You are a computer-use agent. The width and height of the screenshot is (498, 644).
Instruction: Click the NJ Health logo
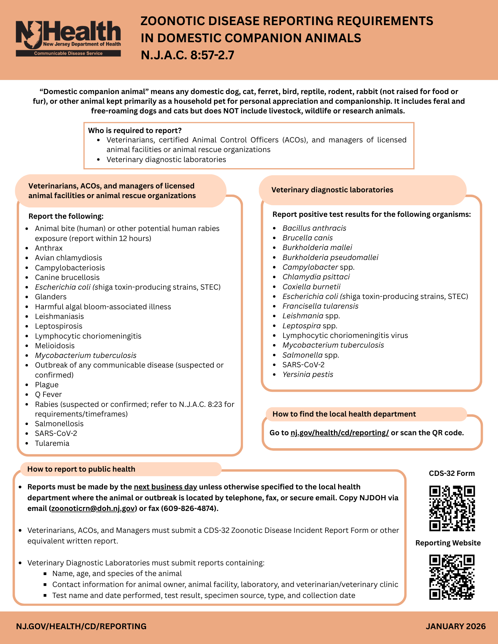coord(68,39)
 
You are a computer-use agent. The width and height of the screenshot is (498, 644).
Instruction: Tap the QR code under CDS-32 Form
coord(452,508)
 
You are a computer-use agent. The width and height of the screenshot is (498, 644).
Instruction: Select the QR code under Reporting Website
coord(452,577)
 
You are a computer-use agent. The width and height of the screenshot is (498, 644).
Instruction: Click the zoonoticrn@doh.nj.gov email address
coord(93,508)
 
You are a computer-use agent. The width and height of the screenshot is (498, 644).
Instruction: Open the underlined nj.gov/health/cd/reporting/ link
coord(339,433)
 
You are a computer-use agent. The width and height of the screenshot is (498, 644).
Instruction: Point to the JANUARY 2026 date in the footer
coord(455,626)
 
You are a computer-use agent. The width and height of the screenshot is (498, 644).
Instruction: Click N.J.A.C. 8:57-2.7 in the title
coord(187,55)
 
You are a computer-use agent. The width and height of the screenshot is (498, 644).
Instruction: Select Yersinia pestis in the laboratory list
coord(308,374)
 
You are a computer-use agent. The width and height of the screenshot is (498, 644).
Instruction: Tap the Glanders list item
coord(51,297)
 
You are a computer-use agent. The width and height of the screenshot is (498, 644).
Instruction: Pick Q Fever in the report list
coord(48,394)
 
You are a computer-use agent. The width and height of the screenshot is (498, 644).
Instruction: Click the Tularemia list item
coord(52,443)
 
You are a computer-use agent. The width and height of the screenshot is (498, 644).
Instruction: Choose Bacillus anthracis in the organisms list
coord(314,228)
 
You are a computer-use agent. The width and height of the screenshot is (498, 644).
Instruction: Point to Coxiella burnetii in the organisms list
coord(311,287)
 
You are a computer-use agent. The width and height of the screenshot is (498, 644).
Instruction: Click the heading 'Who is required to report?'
coord(135,130)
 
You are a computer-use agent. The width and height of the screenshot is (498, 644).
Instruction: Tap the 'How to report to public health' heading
coord(81,469)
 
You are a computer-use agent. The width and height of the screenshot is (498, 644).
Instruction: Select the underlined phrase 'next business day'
coord(165,487)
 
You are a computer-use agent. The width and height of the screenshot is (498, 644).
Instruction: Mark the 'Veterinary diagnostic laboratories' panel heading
coord(332,190)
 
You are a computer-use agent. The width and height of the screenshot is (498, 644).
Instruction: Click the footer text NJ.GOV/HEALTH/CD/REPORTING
coord(81,626)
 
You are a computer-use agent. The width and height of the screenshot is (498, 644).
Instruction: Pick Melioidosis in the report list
coord(55,346)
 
